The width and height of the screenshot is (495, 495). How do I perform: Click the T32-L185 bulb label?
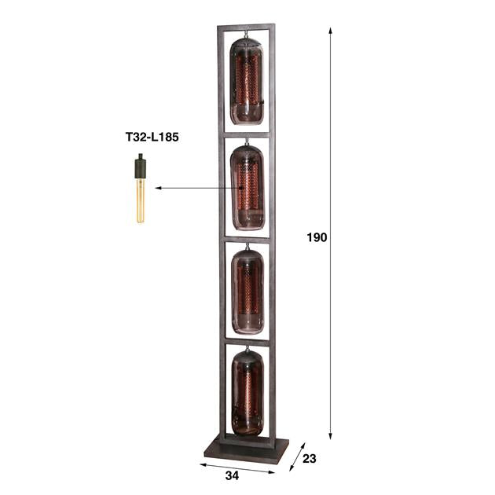click(152, 137)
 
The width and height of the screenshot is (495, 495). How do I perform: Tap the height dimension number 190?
click(317, 236)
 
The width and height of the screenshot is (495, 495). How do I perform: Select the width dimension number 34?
click(232, 475)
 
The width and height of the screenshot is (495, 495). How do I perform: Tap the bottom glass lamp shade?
click(247, 390)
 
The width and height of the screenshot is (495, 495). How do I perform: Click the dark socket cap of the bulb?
click(141, 169)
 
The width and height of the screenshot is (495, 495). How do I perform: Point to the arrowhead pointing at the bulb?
click(158, 189)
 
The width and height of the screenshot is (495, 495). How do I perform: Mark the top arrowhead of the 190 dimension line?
click(330, 31)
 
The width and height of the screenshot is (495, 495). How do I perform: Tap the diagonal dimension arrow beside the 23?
click(296, 456)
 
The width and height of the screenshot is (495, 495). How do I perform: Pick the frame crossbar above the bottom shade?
click(246, 339)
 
